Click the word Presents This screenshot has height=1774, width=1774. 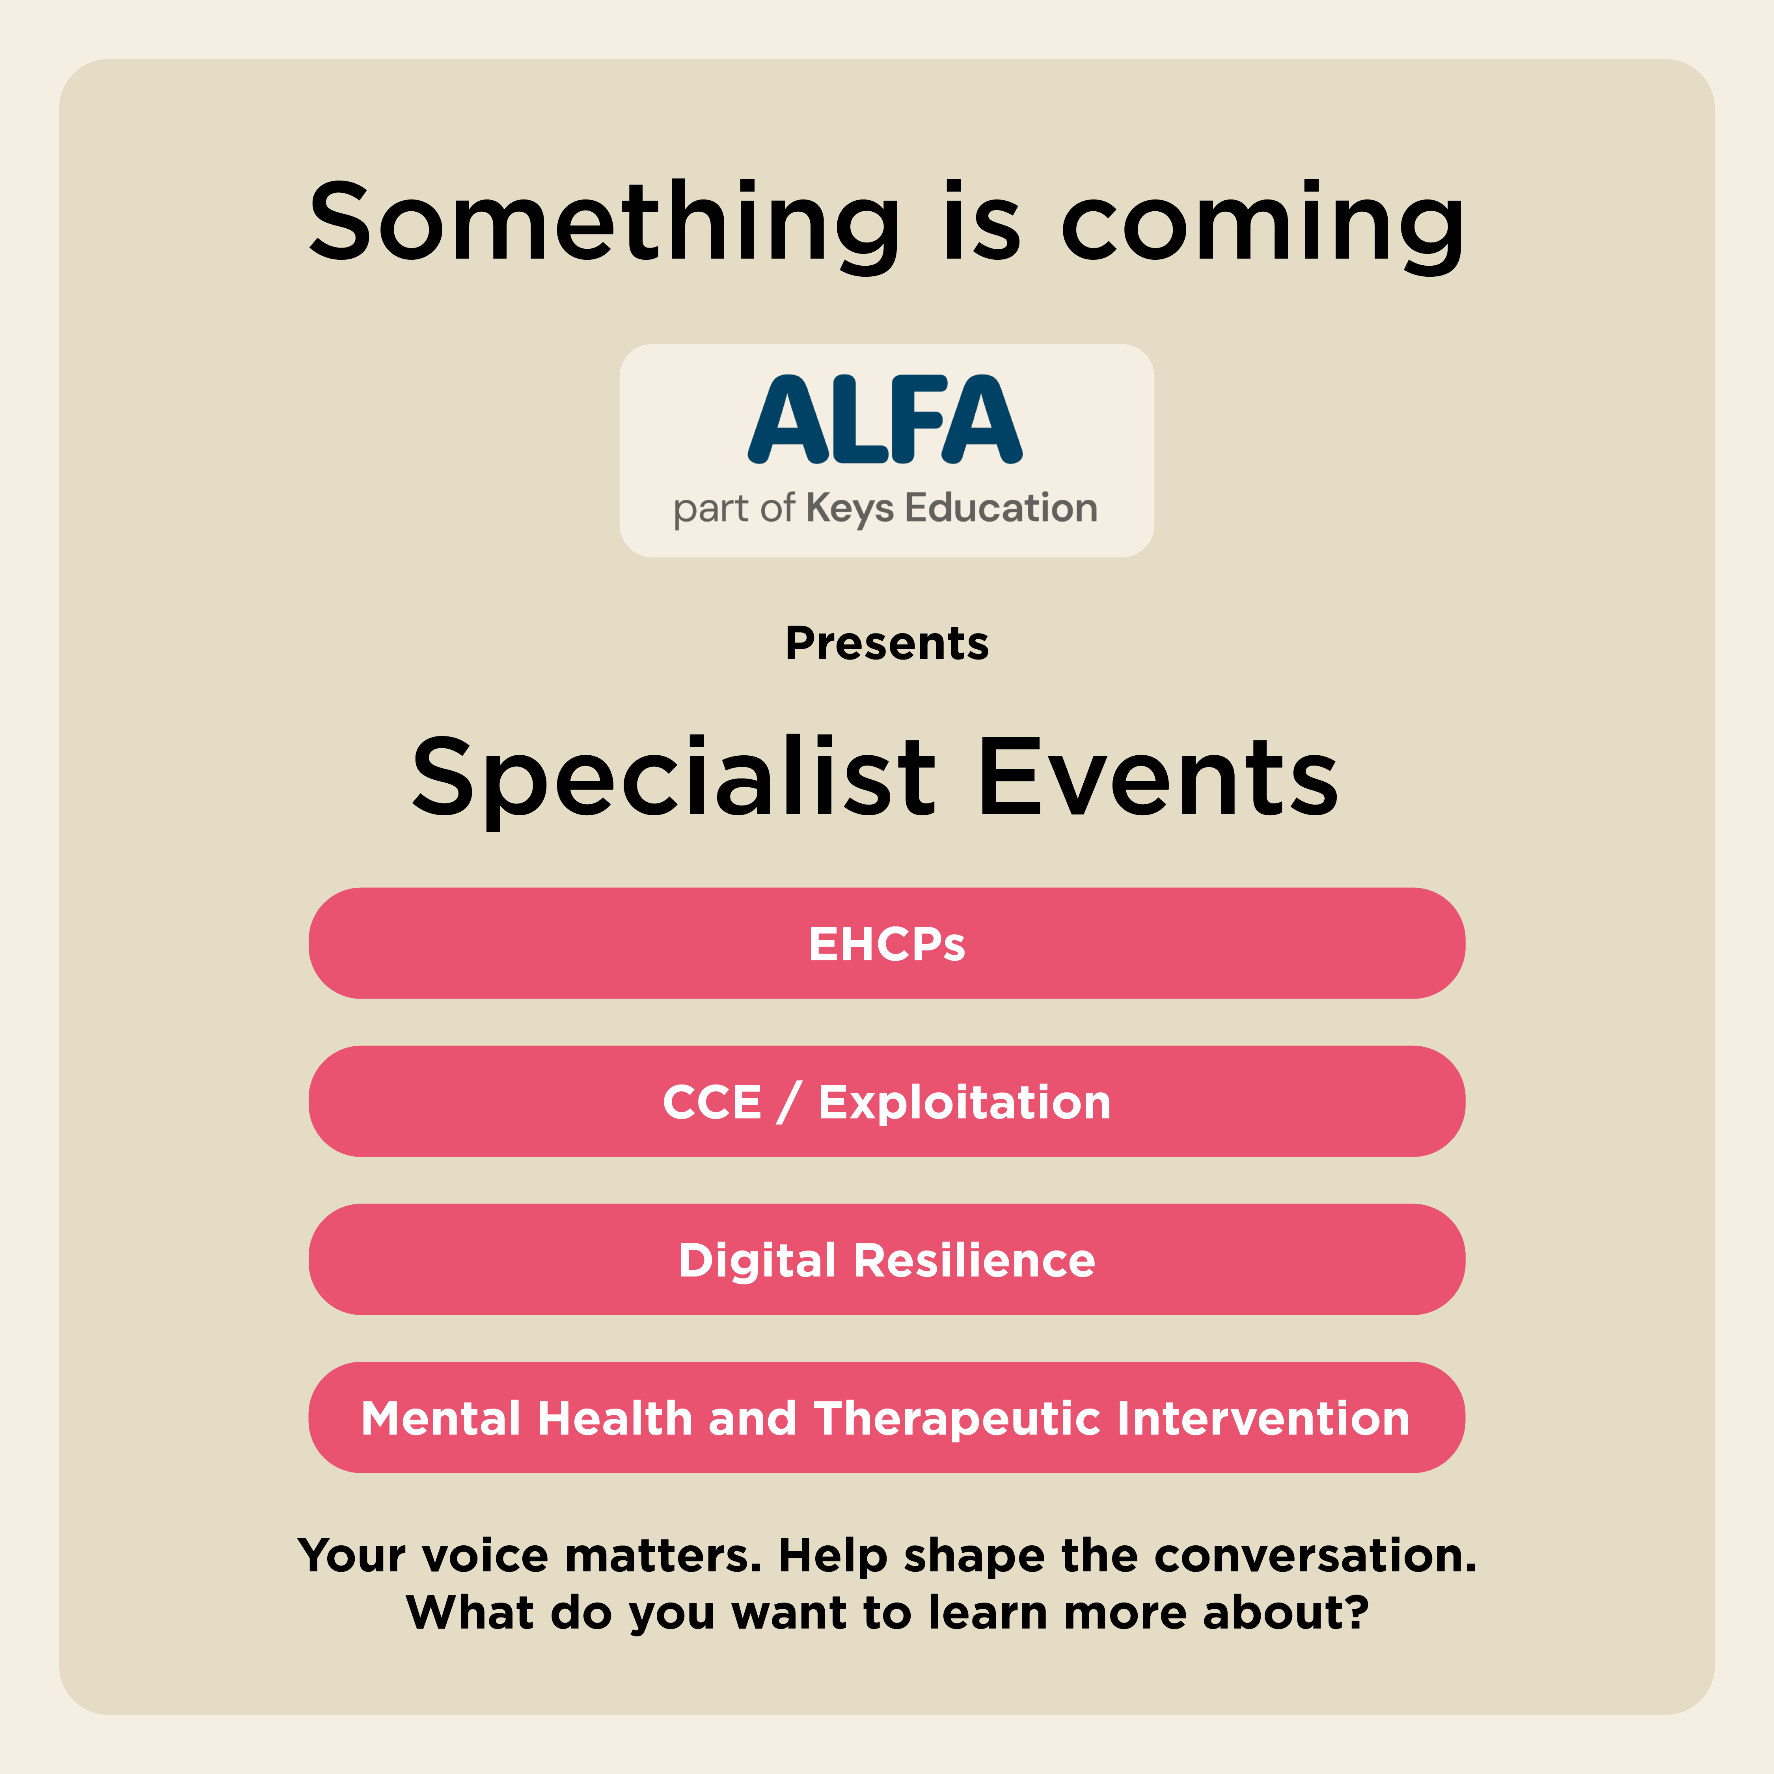(887, 643)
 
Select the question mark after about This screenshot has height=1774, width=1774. (1357, 1612)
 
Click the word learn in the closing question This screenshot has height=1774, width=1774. (988, 1612)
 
